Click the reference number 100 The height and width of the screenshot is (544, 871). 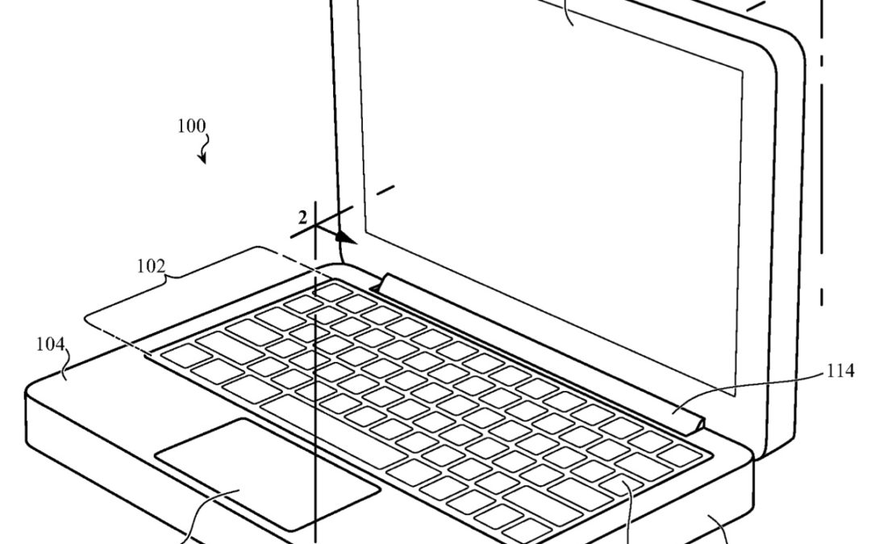click(191, 127)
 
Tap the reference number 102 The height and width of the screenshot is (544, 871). click(151, 265)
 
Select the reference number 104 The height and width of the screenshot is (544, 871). click(50, 344)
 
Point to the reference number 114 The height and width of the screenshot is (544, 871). click(840, 372)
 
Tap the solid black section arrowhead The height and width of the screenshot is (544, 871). click(345, 238)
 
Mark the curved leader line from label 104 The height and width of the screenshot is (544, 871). click(66, 359)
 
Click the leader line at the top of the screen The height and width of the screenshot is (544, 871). click(571, 12)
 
